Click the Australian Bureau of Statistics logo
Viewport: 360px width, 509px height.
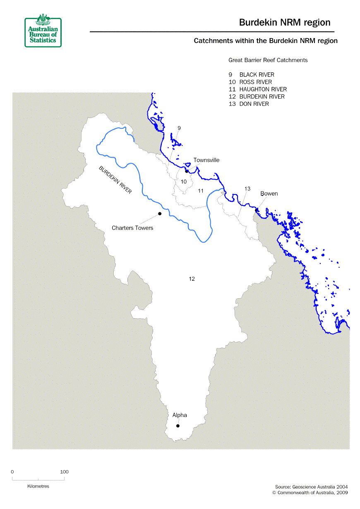(43, 32)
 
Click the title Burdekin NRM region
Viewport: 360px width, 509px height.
(285, 22)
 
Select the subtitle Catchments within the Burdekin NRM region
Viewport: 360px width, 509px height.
(266, 41)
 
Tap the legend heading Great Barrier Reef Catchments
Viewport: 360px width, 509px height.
(268, 60)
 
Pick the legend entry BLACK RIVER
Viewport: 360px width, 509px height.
(257, 75)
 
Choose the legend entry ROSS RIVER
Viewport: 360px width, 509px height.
(255, 82)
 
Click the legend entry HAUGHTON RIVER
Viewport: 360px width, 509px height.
(263, 89)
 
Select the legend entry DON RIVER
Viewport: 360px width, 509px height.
(254, 104)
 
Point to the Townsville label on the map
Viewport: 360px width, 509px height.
(206, 160)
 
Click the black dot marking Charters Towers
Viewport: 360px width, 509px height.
(159, 214)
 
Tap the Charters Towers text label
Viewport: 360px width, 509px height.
(132, 228)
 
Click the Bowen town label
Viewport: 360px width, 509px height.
(269, 194)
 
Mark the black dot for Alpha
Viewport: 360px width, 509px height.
(178, 426)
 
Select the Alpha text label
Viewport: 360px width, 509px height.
(180, 415)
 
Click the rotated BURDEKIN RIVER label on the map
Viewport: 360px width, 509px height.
(115, 180)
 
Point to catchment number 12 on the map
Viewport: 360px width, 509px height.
(192, 279)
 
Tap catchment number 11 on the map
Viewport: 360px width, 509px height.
(201, 191)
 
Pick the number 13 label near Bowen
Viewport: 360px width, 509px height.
(247, 189)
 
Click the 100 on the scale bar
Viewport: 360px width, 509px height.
(64, 472)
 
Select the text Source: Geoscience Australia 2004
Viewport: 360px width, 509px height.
(311, 487)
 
